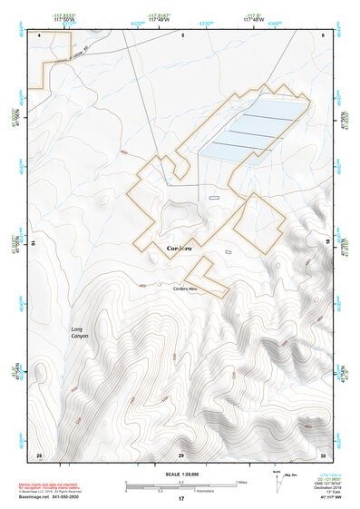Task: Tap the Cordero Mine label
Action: [186, 289]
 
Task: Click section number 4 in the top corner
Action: [41, 34]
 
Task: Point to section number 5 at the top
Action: [183, 34]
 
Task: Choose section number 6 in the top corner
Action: [323, 34]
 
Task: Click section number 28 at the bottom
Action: [38, 455]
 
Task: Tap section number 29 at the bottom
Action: [181, 455]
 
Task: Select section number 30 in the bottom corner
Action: [323, 455]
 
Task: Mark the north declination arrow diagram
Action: [276, 478]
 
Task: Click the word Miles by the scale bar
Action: [241, 482]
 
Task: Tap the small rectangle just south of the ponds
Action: [214, 197]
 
